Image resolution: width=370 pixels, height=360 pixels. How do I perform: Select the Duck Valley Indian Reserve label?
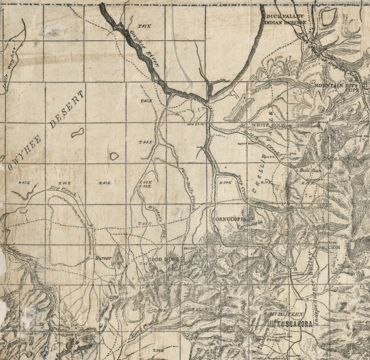click(x=285, y=19)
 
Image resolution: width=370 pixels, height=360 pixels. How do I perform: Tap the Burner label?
click(x=103, y=258)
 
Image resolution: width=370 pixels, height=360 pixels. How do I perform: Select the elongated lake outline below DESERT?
click(x=77, y=132)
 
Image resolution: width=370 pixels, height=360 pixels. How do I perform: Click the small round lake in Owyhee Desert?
click(x=114, y=155)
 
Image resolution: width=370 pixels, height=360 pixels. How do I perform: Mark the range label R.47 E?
click(x=104, y=183)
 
